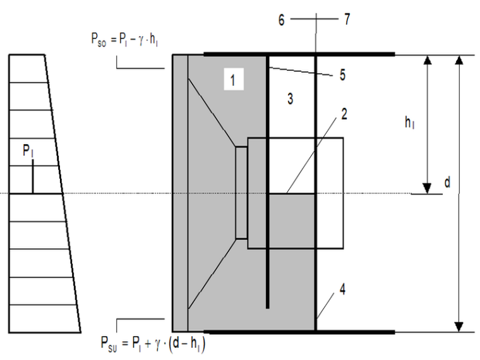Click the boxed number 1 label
point(233,80)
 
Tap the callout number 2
point(344,116)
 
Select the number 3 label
point(290,99)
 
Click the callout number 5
point(342,75)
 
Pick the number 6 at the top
point(282,19)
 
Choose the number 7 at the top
point(347,19)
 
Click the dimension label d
point(447,183)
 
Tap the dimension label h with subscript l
point(411,124)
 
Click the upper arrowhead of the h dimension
point(428,61)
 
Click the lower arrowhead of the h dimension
point(428,188)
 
